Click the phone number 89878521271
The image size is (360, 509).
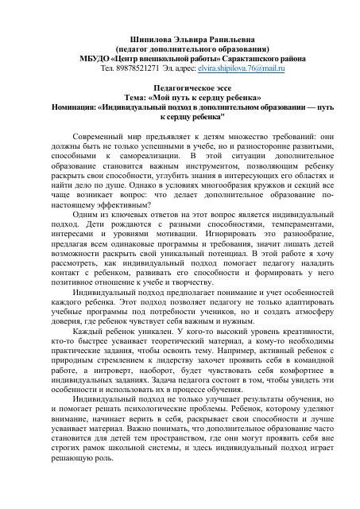click(x=140, y=68)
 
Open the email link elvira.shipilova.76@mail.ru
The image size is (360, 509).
click(x=234, y=68)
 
